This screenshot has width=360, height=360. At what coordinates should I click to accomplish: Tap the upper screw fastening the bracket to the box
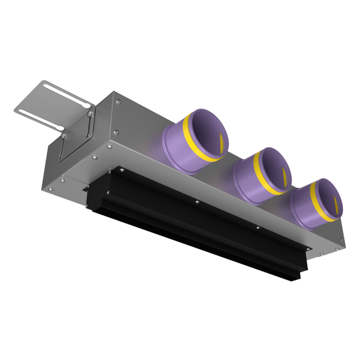click(x=90, y=114)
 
